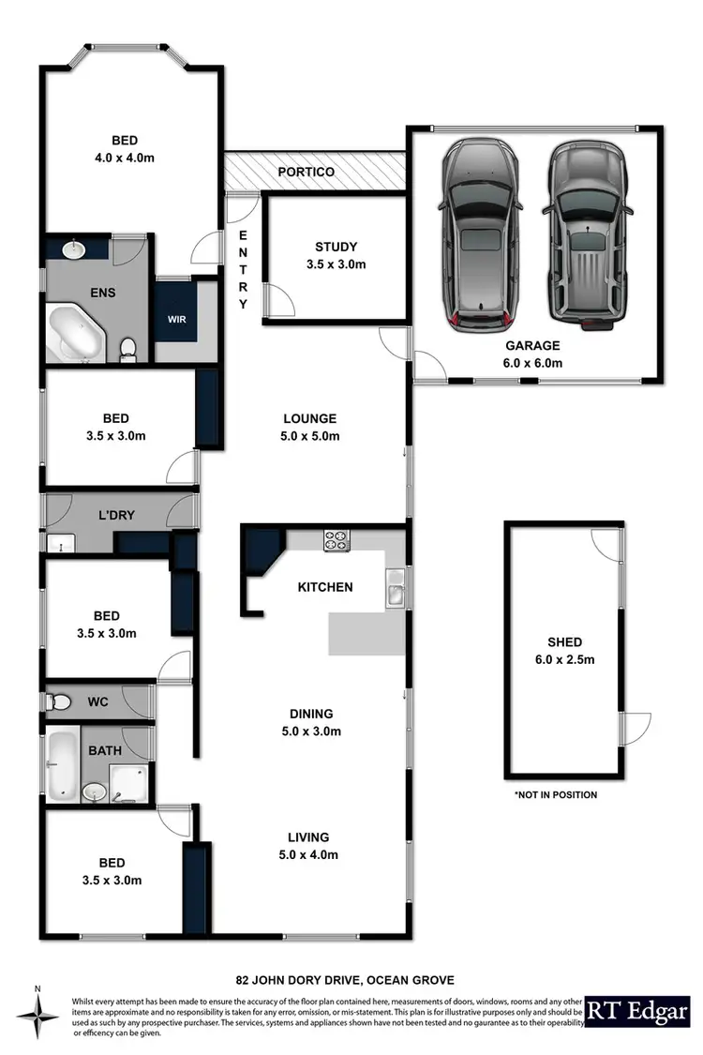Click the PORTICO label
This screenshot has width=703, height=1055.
click(307, 173)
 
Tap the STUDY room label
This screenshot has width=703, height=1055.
click(336, 248)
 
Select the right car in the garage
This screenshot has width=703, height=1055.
click(585, 235)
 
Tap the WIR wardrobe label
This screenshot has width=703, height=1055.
click(176, 319)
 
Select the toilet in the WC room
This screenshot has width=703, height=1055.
click(61, 701)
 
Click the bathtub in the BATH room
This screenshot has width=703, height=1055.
click(63, 764)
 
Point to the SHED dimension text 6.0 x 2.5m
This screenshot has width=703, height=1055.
click(564, 658)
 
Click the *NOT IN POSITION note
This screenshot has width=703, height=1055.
click(555, 794)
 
